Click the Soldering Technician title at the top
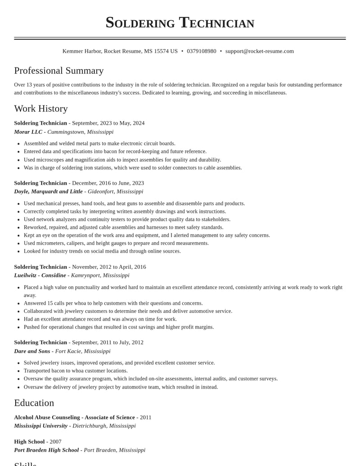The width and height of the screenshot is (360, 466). pyautogui.click(x=180, y=23)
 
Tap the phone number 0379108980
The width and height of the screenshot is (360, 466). pyautogui.click(x=201, y=51)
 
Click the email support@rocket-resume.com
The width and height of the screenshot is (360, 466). pyautogui.click(x=259, y=51)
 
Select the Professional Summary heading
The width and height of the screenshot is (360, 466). pyautogui.click(x=59, y=71)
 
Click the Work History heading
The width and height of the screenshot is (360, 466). pyautogui.click(x=41, y=109)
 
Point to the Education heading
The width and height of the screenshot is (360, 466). pyautogui.click(x=34, y=403)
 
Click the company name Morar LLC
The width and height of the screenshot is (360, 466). pyautogui.click(x=28, y=132)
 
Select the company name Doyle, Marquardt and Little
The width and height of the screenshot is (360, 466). pyautogui.click(x=48, y=191)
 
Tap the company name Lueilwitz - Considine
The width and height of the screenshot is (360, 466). pyautogui.click(x=40, y=275)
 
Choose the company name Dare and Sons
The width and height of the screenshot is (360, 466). pyautogui.click(x=32, y=351)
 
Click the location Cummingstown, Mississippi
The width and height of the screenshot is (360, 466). pyautogui.click(x=80, y=132)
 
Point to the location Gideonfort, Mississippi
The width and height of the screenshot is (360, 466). pyautogui.click(x=115, y=191)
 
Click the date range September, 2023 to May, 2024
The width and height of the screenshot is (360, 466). pyautogui.click(x=108, y=123)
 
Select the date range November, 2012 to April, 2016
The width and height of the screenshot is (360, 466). pyautogui.click(x=109, y=267)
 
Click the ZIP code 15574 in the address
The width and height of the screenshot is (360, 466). pyautogui.click(x=162, y=51)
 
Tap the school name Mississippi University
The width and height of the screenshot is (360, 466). pyautogui.click(x=40, y=426)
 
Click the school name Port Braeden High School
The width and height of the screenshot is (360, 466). pyautogui.click(x=46, y=450)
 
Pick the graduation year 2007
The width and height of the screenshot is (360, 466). pyautogui.click(x=55, y=442)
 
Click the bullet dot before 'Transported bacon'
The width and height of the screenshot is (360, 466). pyautogui.click(x=18, y=371)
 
